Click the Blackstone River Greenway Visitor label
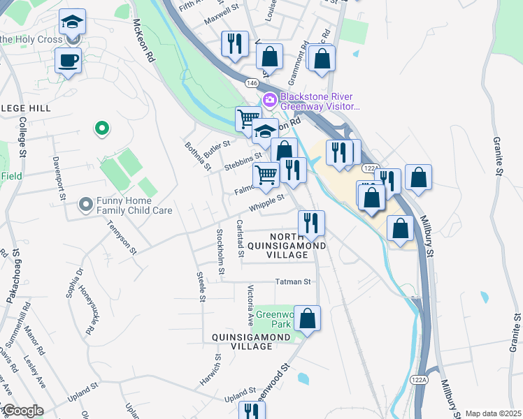(320, 102)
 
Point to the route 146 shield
(252, 82)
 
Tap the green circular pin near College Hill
(102, 128)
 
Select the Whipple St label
(268, 203)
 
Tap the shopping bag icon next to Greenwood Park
(307, 319)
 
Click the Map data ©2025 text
(493, 413)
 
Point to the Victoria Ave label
(250, 305)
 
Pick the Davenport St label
(58, 179)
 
